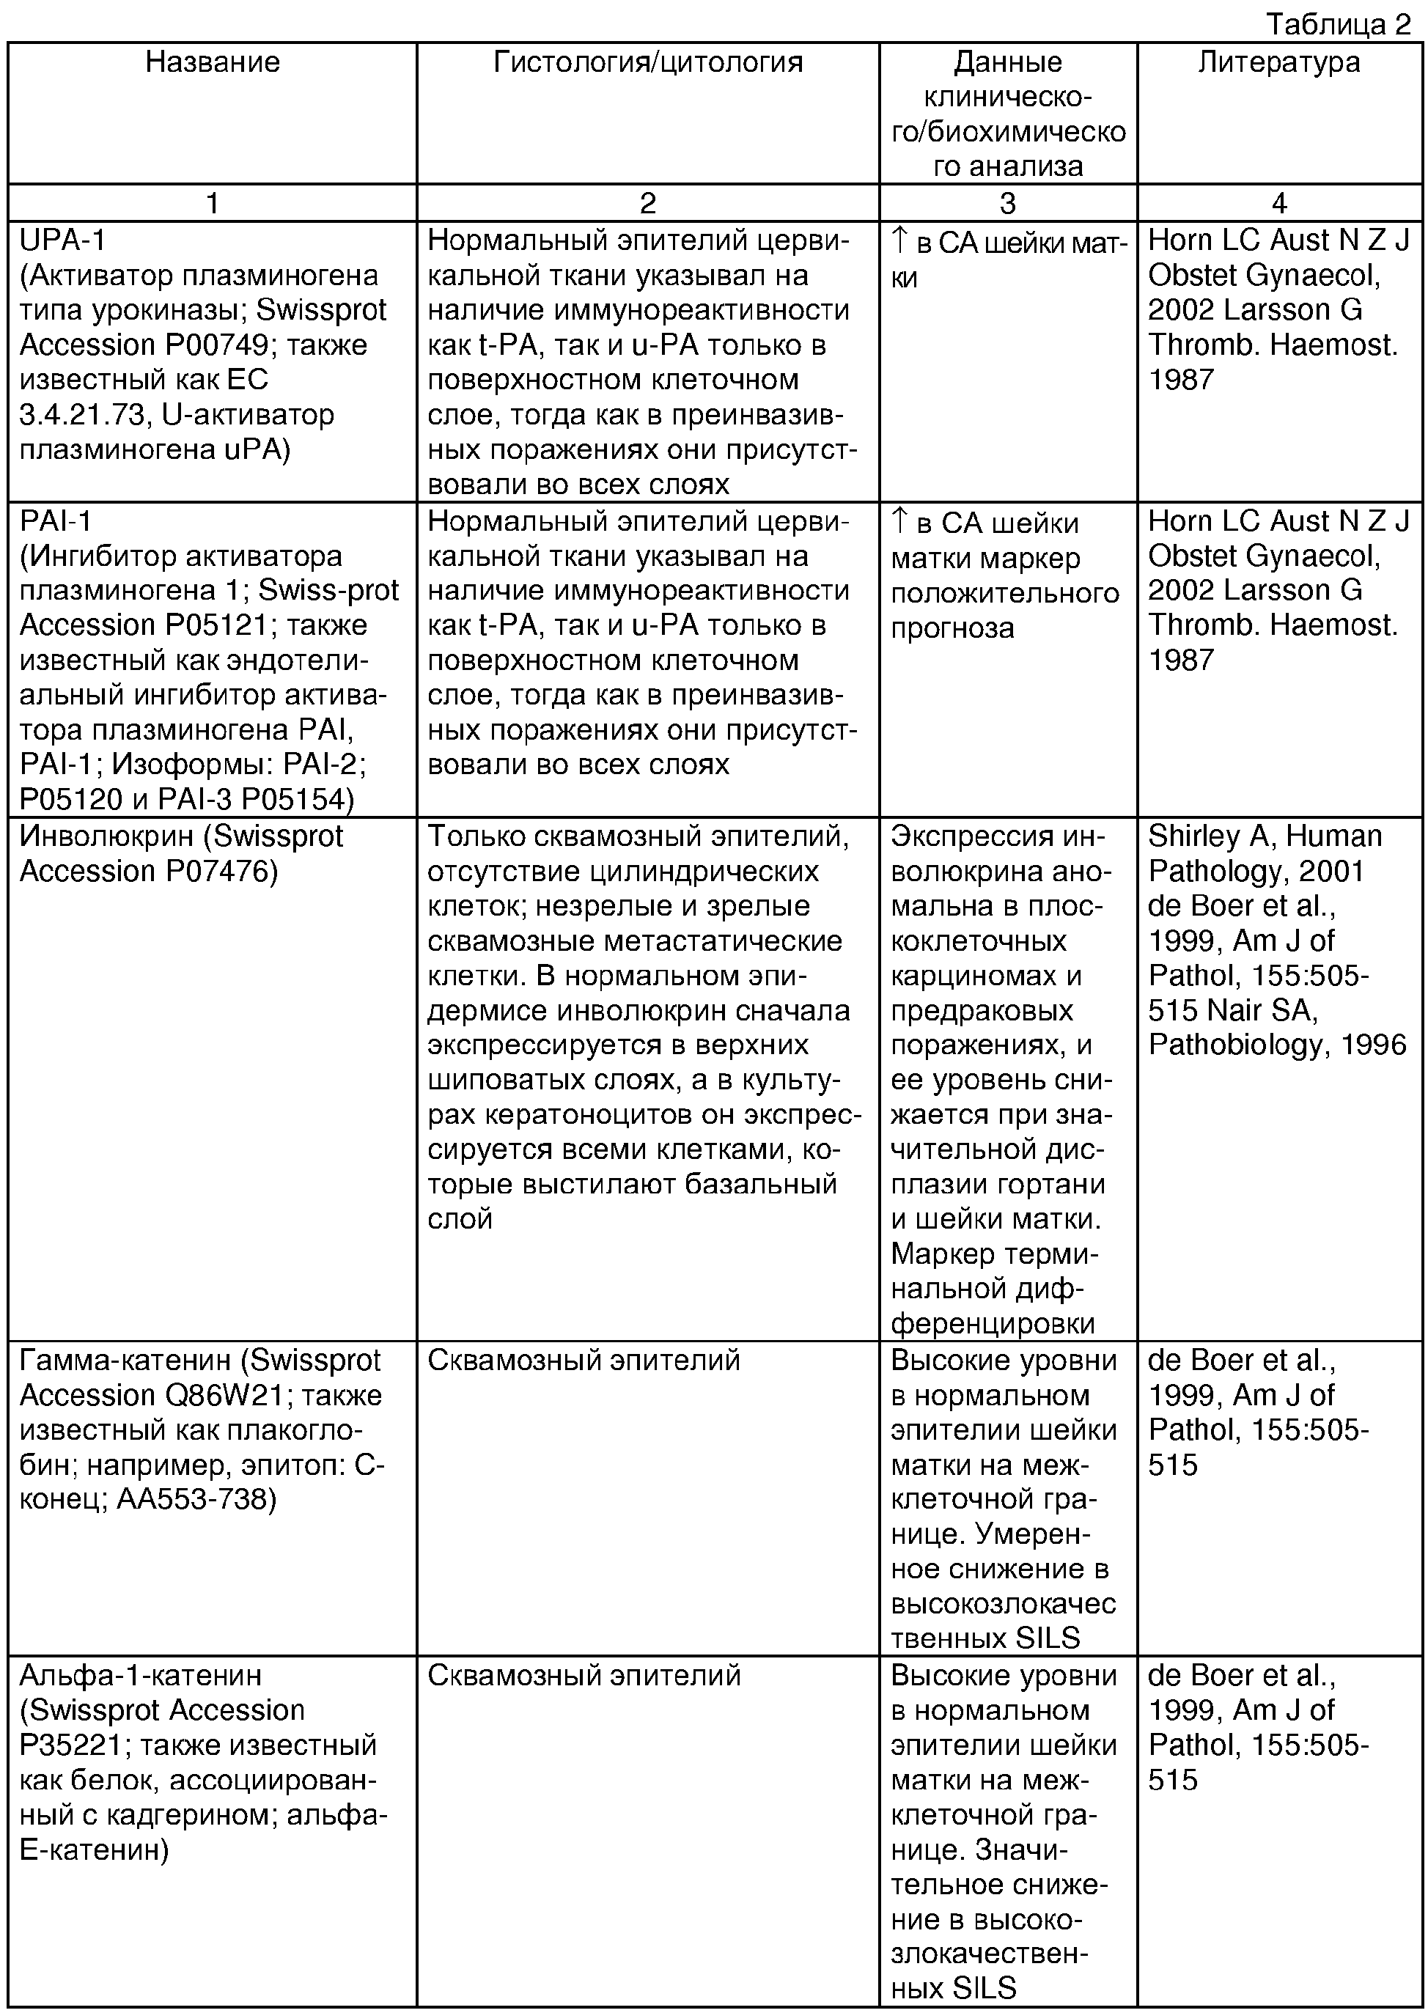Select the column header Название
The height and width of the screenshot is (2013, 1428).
212,62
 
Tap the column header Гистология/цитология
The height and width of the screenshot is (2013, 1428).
647,62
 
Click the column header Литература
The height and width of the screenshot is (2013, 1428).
1278,62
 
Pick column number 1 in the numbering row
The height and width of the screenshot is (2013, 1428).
212,203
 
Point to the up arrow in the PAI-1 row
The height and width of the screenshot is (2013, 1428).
899,521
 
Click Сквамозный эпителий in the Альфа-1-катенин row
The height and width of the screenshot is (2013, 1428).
584,1675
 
